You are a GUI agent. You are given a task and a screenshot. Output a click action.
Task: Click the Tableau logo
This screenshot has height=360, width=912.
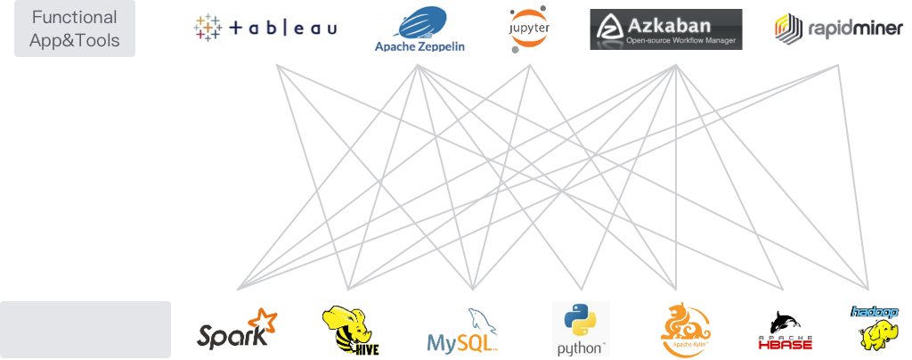pos(266,29)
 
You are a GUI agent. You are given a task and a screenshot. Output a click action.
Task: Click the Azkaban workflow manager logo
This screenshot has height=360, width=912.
pos(666,29)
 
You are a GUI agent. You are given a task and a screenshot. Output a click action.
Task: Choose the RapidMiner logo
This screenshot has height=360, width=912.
pos(819,29)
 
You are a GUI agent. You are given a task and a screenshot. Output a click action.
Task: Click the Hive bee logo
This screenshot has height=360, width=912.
pos(349,328)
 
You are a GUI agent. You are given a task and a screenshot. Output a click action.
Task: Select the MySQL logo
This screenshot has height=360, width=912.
pos(460,329)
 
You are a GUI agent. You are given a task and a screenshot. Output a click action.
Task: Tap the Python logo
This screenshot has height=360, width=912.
pos(581,329)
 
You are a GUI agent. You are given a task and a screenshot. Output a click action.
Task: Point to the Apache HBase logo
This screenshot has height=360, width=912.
pos(781,329)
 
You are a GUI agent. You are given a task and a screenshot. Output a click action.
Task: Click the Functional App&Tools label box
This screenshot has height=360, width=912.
pos(75,29)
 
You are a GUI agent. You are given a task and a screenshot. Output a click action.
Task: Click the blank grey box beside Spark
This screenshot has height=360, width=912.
pos(85,329)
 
